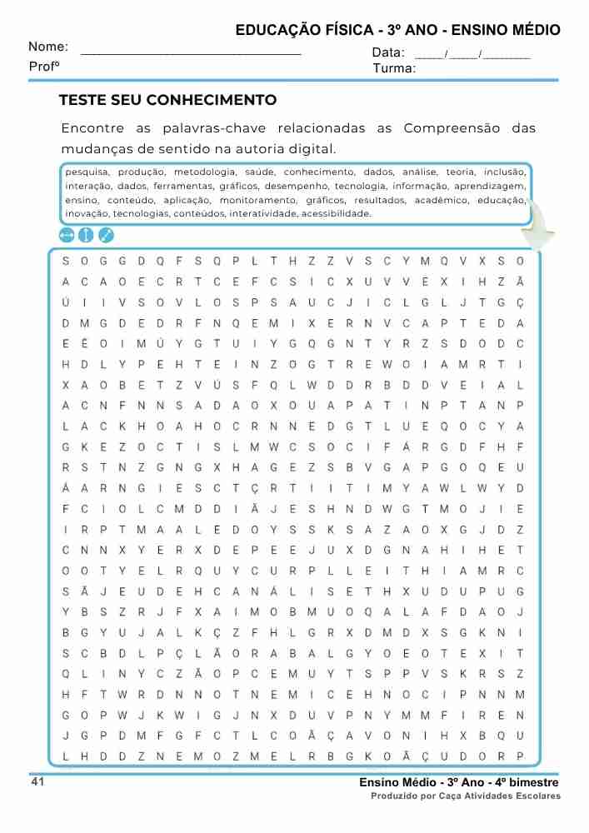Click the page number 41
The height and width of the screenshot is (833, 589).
click(x=37, y=781)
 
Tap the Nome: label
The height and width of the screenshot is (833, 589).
click(x=48, y=47)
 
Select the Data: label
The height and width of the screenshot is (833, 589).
click(x=388, y=53)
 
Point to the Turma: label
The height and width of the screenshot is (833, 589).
click(x=394, y=68)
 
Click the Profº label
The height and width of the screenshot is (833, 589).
click(x=44, y=66)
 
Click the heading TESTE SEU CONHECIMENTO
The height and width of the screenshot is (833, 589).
click(x=167, y=101)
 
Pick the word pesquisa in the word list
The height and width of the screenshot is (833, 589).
click(x=85, y=172)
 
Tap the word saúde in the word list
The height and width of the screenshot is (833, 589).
click(x=261, y=172)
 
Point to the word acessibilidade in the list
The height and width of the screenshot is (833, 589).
click(x=336, y=214)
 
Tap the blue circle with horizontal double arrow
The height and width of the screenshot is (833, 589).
click(x=67, y=235)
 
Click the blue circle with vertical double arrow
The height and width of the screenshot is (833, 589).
click(x=86, y=235)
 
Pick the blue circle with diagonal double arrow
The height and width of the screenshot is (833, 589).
click(x=106, y=235)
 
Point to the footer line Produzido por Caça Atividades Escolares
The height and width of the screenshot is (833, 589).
click(x=466, y=796)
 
